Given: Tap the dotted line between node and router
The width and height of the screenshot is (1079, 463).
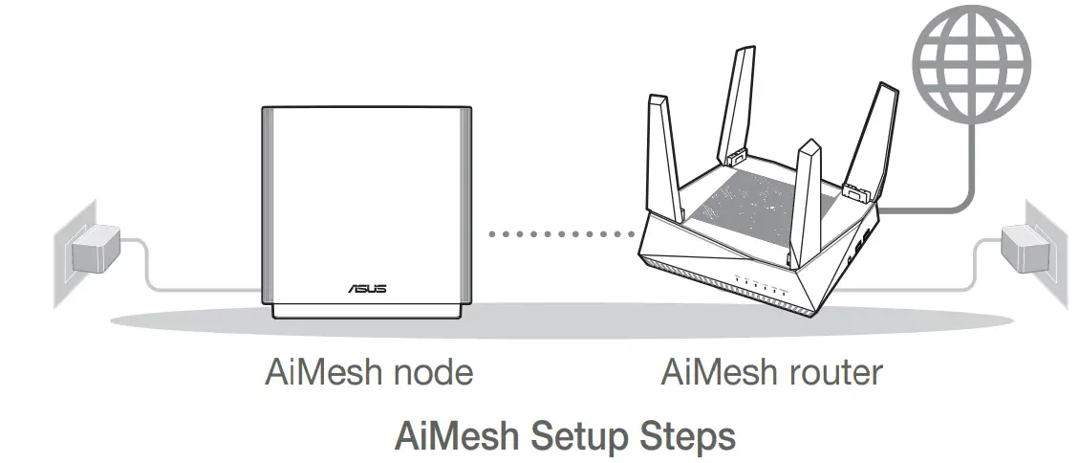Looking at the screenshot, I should pyautogui.click(x=561, y=232).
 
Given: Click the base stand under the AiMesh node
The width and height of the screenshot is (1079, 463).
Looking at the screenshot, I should pyautogui.click(x=365, y=308).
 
